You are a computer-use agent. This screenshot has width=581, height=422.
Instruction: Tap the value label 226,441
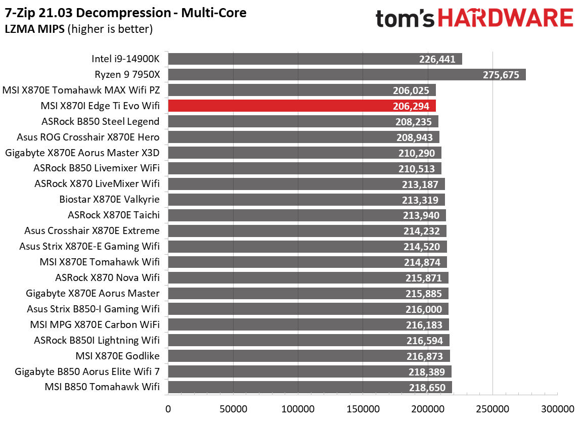[x=437, y=59]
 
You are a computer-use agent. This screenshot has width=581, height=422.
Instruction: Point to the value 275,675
[x=501, y=75]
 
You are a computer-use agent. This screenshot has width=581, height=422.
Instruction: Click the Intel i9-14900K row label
[x=125, y=59]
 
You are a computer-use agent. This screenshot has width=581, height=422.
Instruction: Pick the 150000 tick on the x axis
[x=363, y=408]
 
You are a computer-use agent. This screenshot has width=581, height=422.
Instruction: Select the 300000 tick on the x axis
[x=557, y=408]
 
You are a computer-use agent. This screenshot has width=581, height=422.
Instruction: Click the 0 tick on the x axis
[x=168, y=408]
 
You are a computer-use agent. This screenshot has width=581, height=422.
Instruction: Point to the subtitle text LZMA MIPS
[x=34, y=29]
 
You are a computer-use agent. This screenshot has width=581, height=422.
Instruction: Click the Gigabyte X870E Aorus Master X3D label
[x=82, y=153]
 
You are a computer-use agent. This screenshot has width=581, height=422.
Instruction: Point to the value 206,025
[x=411, y=90]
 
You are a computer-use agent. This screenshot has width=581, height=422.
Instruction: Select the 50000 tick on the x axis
[x=233, y=408]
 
